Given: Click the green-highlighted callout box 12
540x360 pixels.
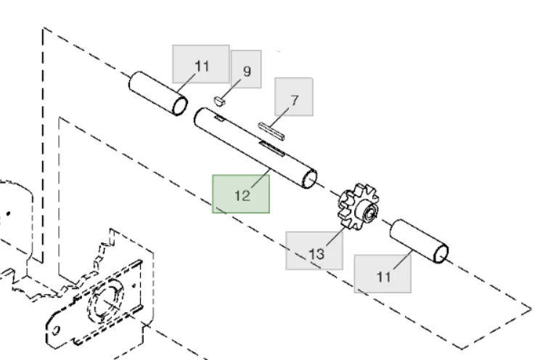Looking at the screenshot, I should point(241,194).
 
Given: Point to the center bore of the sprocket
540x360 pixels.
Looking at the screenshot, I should point(369,212).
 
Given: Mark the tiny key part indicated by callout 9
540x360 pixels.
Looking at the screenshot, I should point(221,100).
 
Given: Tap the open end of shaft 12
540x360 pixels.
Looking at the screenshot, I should point(310,178).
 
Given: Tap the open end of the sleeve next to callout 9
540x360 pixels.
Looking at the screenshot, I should point(179,104).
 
